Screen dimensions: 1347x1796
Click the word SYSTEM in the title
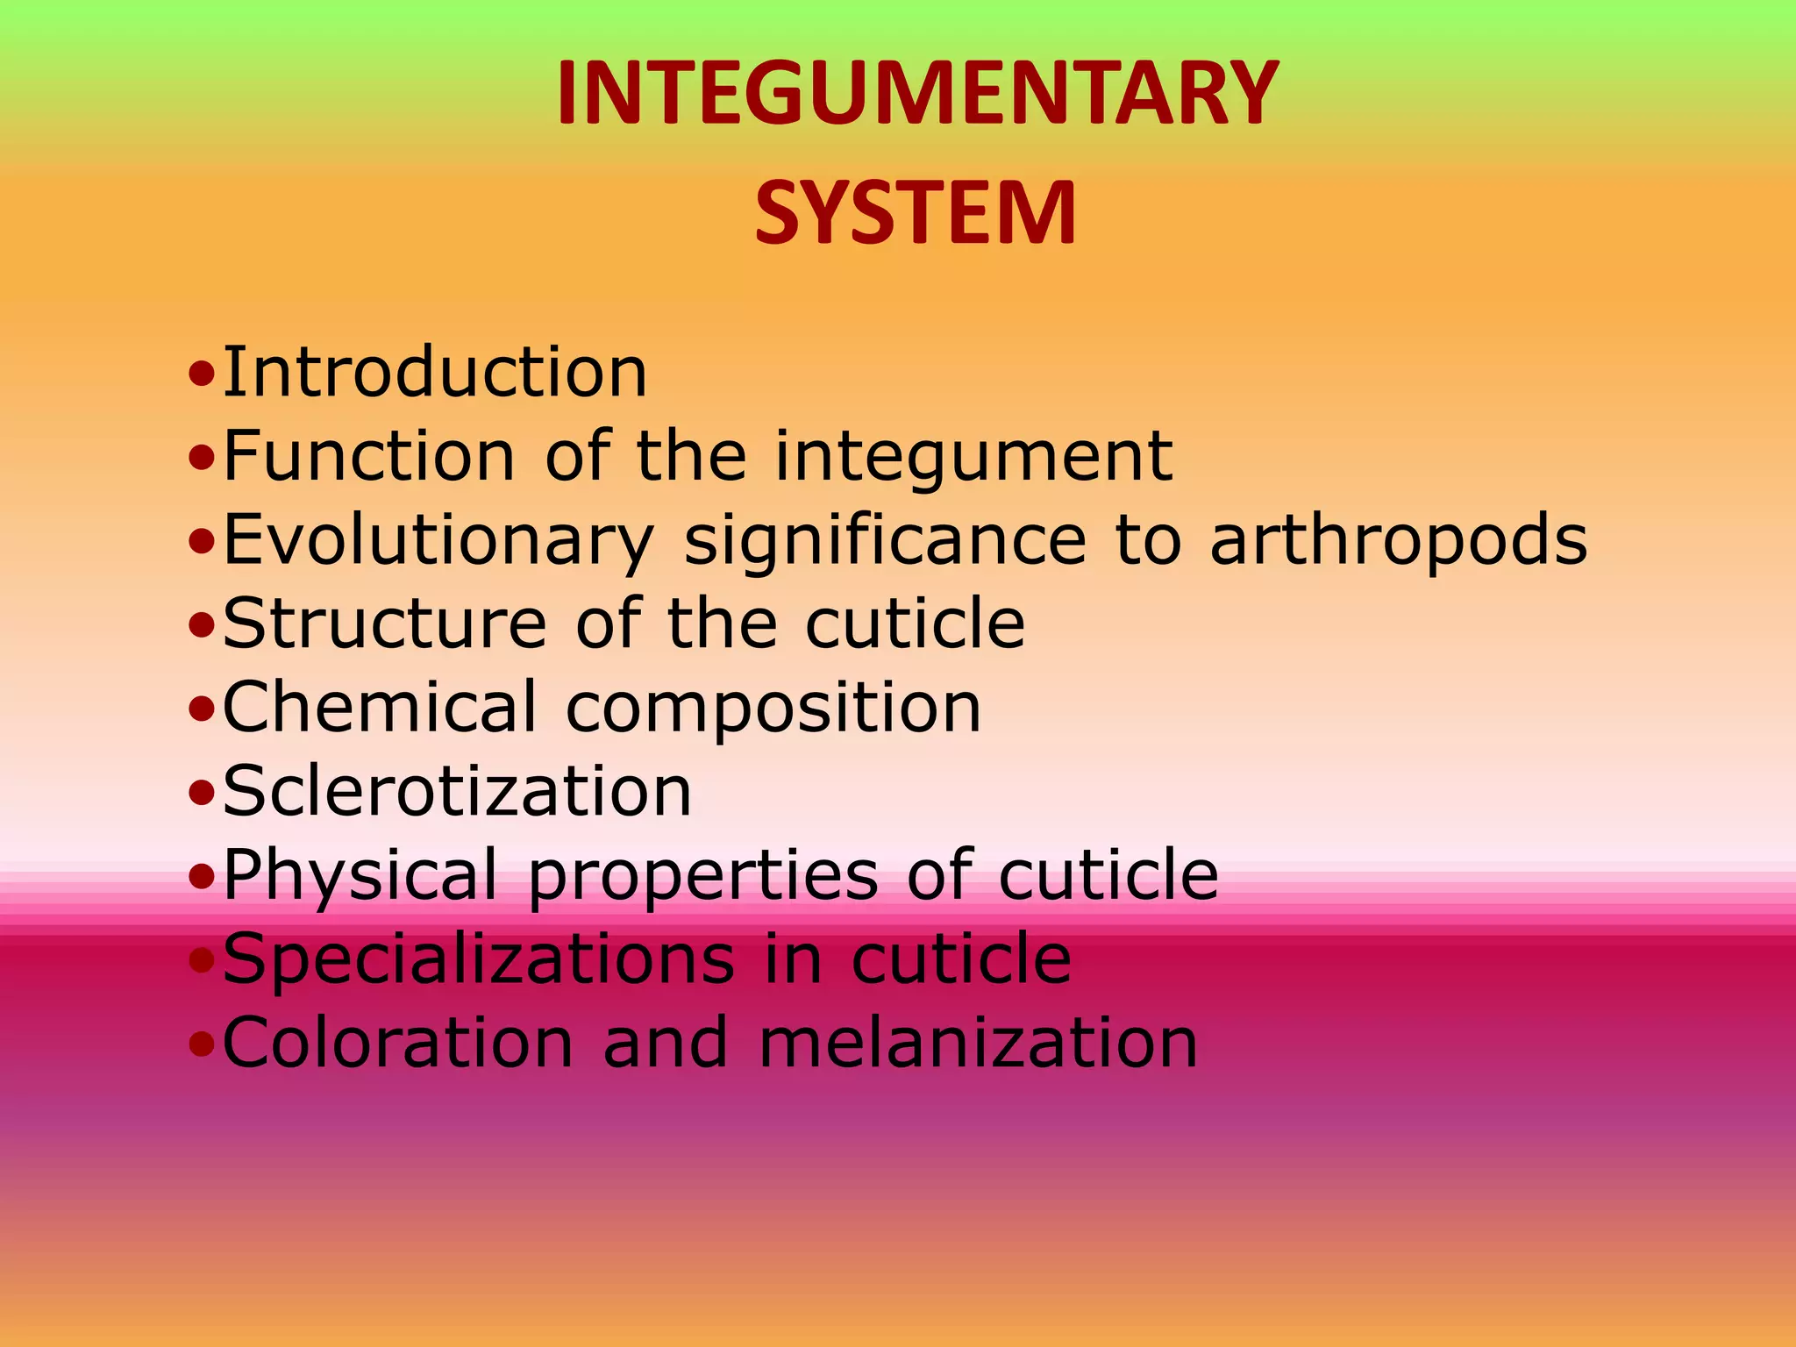[x=916, y=213]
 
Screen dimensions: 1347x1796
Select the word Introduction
[x=435, y=372]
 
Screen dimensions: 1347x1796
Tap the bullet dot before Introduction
[x=202, y=374]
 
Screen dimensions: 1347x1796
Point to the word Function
[x=369, y=455]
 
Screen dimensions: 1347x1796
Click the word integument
[x=973, y=457]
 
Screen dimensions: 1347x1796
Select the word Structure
[x=385, y=623]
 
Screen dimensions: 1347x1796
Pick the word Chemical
[x=379, y=707]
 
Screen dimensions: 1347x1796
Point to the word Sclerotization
[x=457, y=791]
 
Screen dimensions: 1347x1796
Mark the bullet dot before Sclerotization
[x=202, y=794]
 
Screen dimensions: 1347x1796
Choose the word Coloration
[x=398, y=1043]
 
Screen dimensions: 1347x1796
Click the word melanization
[x=978, y=1043]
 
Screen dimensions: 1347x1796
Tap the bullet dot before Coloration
[x=202, y=1045]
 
